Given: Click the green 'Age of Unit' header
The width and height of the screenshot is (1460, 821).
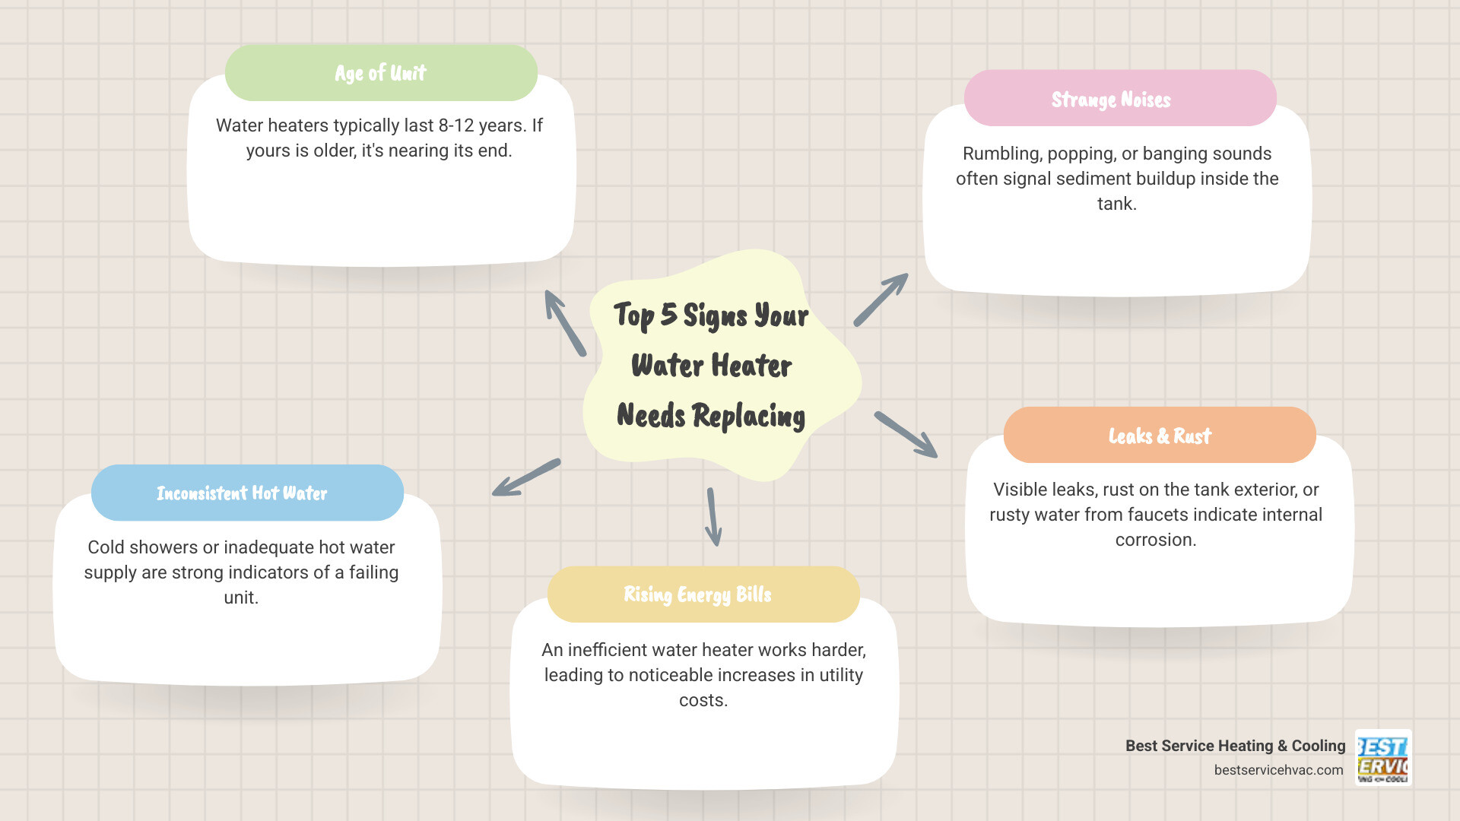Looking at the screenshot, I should point(381,73).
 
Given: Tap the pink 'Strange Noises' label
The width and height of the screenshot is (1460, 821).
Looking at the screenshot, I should point(1111,99).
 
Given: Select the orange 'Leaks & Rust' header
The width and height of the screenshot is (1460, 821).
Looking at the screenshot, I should point(1160,436).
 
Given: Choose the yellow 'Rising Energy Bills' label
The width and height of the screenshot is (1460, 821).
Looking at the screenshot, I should point(697,594).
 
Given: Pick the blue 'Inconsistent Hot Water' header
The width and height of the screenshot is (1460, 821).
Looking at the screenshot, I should point(242,493).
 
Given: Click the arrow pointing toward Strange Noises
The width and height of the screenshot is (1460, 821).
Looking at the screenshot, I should point(881,300).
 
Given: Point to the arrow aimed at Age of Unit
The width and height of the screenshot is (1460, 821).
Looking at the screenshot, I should point(565,323).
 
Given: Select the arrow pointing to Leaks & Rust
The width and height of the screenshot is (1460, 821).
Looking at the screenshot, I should point(906,435).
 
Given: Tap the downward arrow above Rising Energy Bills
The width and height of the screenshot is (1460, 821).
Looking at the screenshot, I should point(713,517).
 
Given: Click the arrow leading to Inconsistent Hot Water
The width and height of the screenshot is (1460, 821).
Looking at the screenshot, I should point(526,477).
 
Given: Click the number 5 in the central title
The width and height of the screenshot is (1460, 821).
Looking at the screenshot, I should point(668,314).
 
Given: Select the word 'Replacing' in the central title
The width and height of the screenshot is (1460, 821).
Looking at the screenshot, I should point(748,416).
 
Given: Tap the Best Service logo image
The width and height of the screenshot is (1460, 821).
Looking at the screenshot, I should point(1383,758).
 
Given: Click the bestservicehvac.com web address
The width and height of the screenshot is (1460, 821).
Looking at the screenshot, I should point(1278,770).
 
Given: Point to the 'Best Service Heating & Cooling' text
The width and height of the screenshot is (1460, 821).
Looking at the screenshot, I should point(1235,746).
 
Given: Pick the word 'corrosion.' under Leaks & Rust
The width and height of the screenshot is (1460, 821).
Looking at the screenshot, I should point(1156,540).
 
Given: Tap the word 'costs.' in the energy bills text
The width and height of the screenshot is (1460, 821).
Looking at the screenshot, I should point(703,700).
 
